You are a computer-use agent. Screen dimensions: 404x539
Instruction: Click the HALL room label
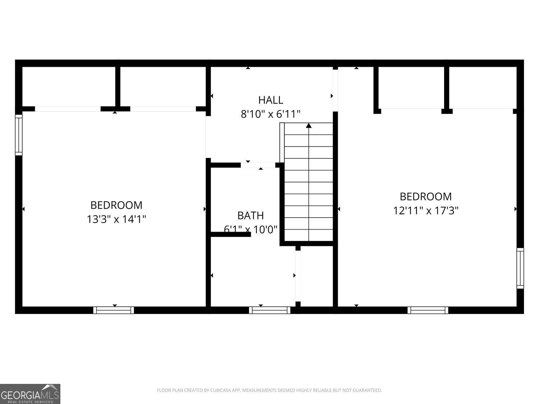271,100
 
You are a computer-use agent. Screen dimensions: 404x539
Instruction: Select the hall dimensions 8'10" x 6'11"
271,114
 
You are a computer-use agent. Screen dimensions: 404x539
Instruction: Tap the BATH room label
250,215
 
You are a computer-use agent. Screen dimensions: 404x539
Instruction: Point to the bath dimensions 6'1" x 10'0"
250,229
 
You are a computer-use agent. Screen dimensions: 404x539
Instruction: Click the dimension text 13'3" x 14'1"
116,219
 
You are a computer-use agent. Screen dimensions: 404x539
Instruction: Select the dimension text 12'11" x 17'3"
426,210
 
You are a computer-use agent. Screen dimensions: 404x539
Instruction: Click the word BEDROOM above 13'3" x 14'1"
116,205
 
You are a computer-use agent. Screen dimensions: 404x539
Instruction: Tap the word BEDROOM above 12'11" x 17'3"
426,196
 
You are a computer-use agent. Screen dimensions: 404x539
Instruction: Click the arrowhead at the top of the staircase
309,126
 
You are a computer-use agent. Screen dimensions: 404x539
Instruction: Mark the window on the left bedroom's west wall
19,135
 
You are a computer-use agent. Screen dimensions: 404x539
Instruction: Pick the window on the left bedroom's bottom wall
114,310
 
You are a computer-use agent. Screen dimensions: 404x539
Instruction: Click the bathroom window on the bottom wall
269,310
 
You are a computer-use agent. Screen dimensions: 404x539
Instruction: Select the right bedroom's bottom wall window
428,310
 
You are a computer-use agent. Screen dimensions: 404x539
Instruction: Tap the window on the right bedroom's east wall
520,268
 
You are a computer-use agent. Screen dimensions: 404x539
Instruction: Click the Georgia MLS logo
30,394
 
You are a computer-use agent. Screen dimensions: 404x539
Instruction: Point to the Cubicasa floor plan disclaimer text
269,390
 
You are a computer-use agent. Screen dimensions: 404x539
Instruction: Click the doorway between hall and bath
258,165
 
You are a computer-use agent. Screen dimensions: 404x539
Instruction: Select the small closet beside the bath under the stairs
316,277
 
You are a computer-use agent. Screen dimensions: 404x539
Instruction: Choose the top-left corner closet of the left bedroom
69,86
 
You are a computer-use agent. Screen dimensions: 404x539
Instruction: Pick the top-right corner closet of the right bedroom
483,88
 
